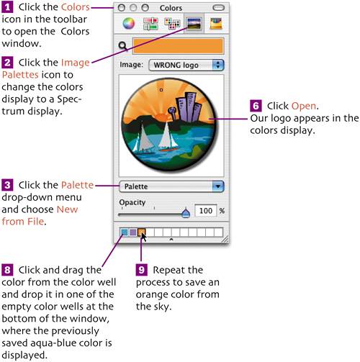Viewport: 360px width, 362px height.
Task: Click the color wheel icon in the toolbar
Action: point(129,24)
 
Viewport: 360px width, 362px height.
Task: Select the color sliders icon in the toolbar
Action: point(150,24)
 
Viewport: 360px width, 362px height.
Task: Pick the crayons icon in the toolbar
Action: point(215,24)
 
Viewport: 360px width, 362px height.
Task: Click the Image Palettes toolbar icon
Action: point(194,24)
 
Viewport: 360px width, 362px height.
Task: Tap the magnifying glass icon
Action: point(123,46)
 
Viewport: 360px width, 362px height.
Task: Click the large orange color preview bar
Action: point(179,45)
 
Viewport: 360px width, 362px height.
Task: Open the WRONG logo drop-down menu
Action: point(186,65)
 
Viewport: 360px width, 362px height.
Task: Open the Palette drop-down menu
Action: point(171,186)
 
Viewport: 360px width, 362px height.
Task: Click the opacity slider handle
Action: point(186,213)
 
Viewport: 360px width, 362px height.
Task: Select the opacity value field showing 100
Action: point(206,211)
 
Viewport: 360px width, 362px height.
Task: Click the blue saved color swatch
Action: point(124,232)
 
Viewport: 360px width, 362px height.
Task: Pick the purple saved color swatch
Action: point(132,232)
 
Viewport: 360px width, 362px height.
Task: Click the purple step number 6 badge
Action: point(256,106)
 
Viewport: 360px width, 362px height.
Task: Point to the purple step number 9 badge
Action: point(141,270)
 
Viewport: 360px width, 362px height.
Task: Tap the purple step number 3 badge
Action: point(7,185)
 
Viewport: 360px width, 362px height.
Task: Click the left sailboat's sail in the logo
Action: point(144,139)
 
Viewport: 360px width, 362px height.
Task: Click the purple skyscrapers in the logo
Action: point(189,107)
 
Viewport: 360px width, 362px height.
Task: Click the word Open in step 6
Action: point(304,106)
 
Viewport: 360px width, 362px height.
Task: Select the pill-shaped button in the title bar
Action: point(218,8)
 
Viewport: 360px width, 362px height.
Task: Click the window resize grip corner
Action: point(225,239)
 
